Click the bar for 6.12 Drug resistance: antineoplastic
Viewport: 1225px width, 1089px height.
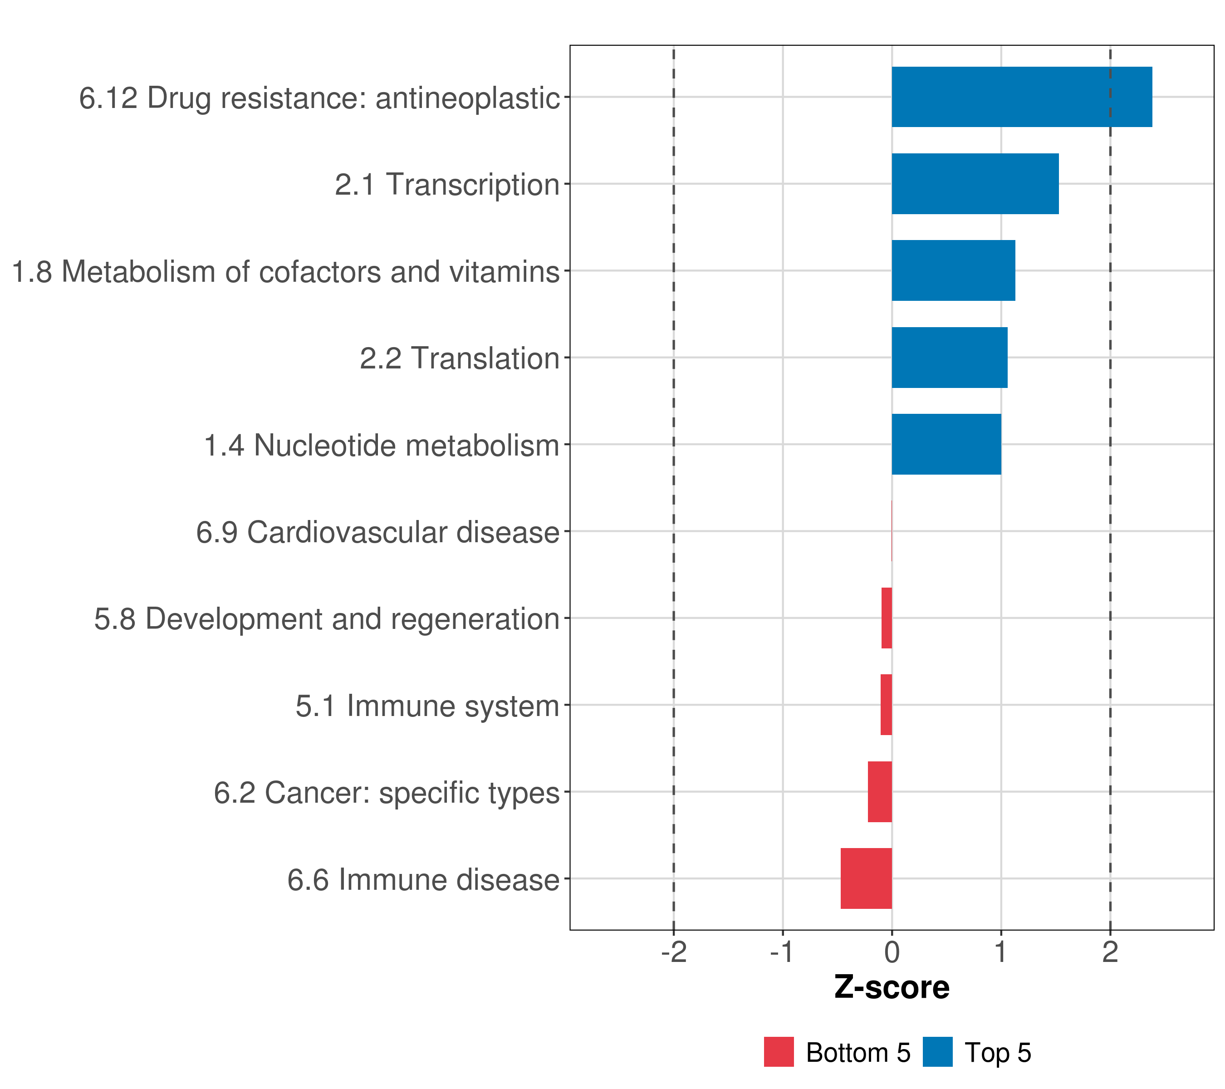click(x=1021, y=97)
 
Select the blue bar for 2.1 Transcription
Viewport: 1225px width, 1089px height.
click(x=975, y=184)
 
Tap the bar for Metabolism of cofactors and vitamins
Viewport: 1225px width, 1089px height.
click(x=953, y=271)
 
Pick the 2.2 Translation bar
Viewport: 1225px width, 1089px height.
click(x=949, y=358)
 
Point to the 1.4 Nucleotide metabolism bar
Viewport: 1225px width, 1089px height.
click(x=946, y=444)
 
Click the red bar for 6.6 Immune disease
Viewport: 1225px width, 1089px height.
click(x=866, y=878)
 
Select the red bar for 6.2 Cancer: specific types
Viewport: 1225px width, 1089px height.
click(x=880, y=792)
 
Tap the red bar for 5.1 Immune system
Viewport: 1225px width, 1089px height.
click(x=887, y=705)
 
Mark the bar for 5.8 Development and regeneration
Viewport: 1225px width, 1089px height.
click(x=887, y=618)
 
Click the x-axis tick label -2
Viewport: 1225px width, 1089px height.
click(x=674, y=952)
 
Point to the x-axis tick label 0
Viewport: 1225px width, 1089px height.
click(x=892, y=952)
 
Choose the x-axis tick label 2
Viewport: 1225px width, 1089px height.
click(x=1110, y=952)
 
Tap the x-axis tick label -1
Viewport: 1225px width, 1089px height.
click(x=782, y=952)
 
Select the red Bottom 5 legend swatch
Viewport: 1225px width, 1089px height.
click(x=779, y=1052)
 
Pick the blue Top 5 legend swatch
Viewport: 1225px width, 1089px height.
click(x=937, y=1052)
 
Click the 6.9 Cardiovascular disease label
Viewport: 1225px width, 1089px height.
click(x=377, y=532)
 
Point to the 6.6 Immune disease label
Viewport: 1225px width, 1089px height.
click(x=423, y=880)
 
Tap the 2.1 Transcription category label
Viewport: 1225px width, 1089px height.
click(x=447, y=185)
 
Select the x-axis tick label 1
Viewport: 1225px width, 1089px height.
click(x=1000, y=952)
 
